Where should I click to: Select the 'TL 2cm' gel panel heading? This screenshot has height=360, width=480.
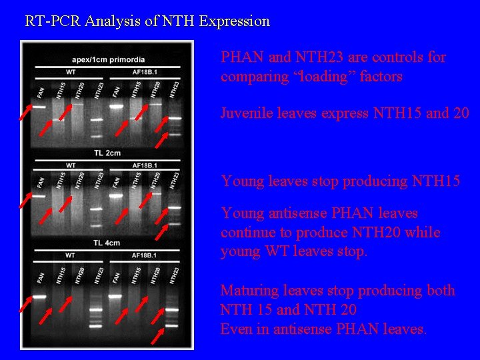pos(107,153)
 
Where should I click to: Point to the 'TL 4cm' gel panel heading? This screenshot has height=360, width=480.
pos(107,243)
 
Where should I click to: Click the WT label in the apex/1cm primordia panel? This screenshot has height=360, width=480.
pos(71,72)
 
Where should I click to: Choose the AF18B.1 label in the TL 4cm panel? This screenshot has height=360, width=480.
pos(145,256)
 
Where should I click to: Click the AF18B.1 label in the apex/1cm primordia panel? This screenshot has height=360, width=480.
pos(145,72)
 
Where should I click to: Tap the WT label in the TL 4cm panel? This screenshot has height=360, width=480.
pos(71,256)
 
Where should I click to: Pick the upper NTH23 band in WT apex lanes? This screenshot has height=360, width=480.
pos(97,119)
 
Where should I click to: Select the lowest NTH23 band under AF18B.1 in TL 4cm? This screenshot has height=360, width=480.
pos(172,326)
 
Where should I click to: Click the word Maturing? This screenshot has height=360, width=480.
pos(249,291)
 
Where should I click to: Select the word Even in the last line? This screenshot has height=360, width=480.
pos(235,329)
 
